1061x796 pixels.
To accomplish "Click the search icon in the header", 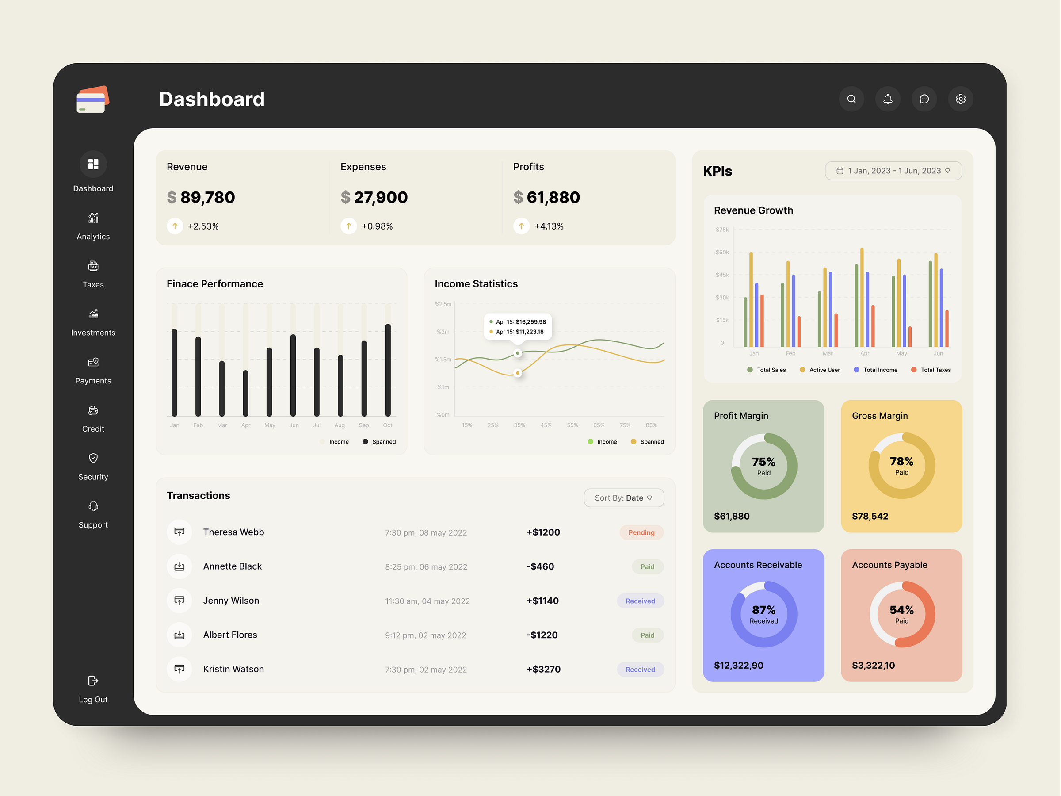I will pos(851,99).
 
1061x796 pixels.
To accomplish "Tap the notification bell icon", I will pos(887,99).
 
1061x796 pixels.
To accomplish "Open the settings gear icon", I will pos(960,99).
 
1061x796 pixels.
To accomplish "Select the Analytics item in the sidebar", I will pos(93,226).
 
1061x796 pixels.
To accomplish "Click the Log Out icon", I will pos(93,681).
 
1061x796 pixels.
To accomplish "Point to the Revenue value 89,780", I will pos(207,197).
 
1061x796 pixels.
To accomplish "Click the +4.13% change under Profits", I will pos(549,226).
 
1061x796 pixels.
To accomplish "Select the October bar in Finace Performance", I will pos(388,369).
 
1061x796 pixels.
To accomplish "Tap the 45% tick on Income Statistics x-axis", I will pos(546,425).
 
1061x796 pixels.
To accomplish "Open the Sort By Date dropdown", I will pos(623,497).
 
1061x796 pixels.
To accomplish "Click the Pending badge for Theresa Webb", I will pos(641,532).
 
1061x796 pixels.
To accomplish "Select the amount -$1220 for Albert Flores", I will pos(542,635).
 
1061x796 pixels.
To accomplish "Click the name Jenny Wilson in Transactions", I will pos(231,600).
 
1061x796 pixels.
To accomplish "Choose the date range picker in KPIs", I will pos(893,171).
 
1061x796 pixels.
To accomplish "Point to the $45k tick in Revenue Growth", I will pos(722,275).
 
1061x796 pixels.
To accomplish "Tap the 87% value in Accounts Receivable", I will pos(763,610).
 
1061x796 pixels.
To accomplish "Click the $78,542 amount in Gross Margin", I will pos(870,516).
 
